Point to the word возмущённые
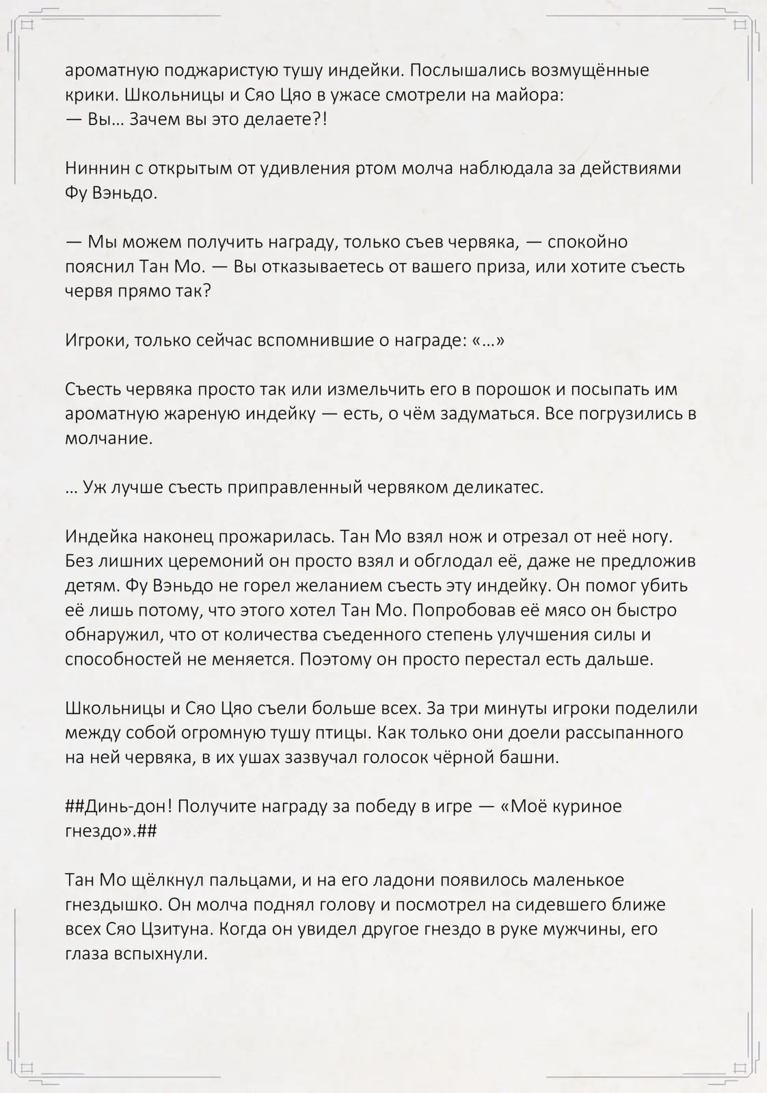[589, 70]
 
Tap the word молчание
[108, 439]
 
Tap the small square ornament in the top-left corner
[27, 25]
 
